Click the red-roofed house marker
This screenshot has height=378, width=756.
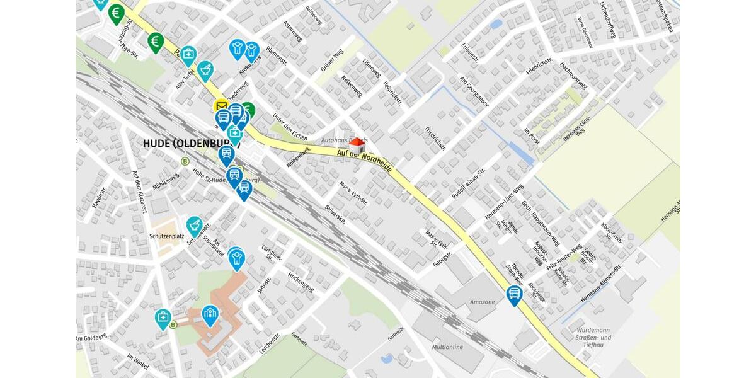click(x=357, y=144)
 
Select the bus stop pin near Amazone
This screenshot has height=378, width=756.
click(x=515, y=294)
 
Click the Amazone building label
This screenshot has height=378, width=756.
click(x=483, y=302)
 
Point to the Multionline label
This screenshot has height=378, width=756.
click(x=447, y=347)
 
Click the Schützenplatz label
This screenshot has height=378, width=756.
click(x=167, y=236)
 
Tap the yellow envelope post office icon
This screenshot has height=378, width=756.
click(x=220, y=106)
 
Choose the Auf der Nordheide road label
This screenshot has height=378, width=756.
click(x=364, y=161)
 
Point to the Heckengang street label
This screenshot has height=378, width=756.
click(x=301, y=282)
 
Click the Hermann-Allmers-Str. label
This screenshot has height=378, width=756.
click(x=601, y=283)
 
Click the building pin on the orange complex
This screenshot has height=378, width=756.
click(x=210, y=314)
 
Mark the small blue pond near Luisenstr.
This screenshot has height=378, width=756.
click(x=496, y=24)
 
